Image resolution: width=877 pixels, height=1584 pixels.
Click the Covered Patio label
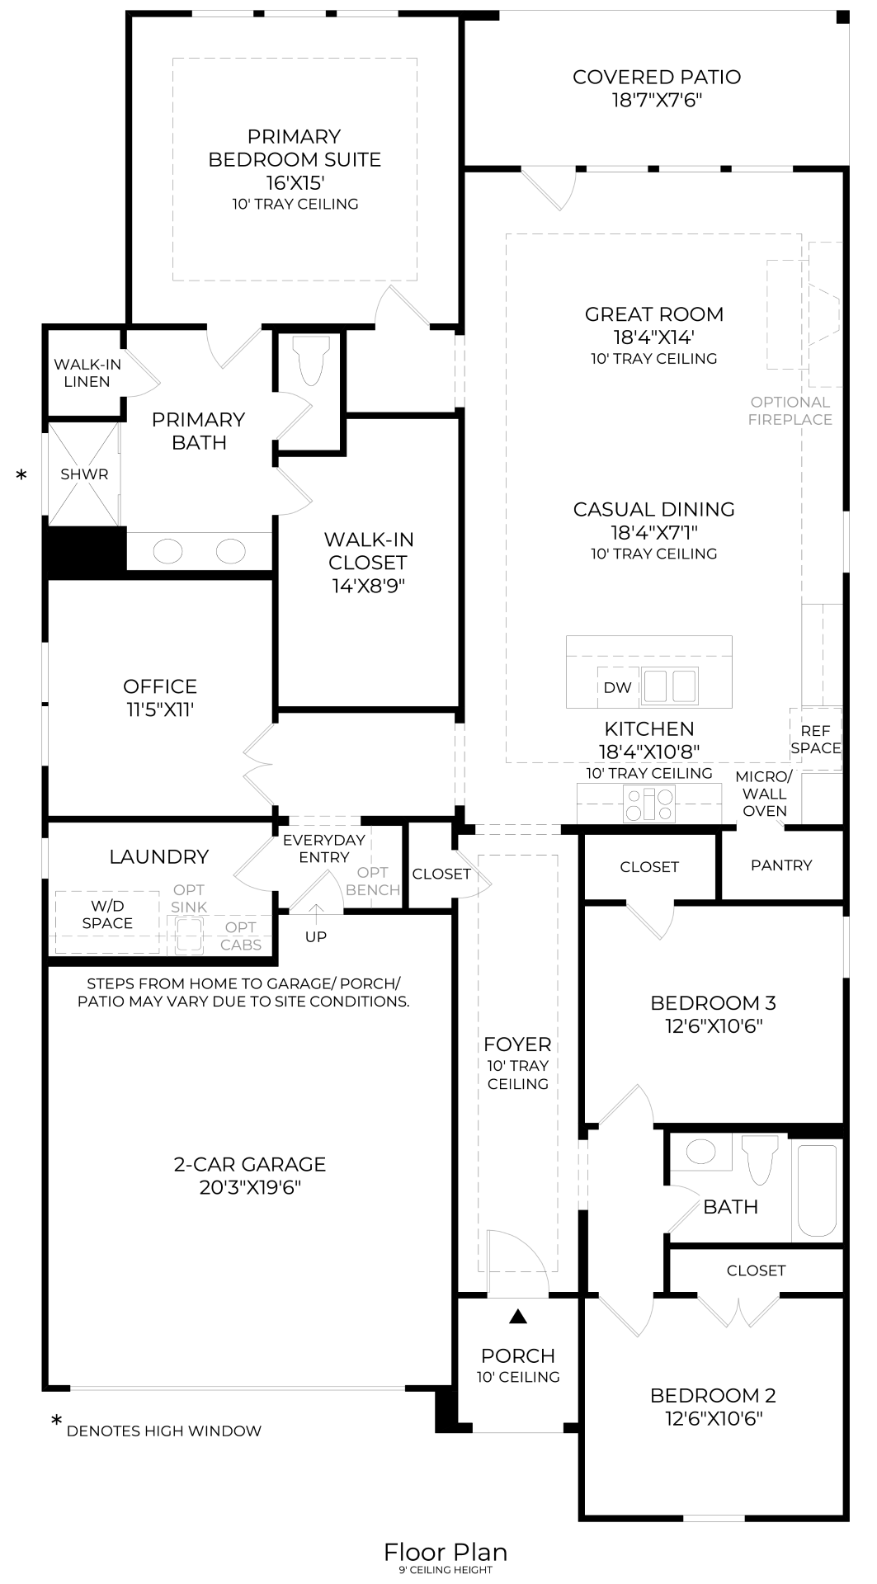point(656,78)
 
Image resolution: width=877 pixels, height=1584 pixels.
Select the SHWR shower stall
point(84,474)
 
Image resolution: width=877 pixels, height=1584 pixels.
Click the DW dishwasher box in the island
point(617,687)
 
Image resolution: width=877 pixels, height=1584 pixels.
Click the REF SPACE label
point(815,739)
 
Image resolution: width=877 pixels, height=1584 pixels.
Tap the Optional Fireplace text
point(790,411)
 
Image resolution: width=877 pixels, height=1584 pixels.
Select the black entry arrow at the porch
point(517,1317)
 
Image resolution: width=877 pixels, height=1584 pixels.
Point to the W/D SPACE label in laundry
point(107,915)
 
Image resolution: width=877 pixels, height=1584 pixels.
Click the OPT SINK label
point(189,898)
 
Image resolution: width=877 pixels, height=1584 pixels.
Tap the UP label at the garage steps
point(315,936)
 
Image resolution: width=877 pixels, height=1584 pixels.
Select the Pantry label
point(780,865)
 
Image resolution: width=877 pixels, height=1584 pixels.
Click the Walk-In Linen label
point(87,373)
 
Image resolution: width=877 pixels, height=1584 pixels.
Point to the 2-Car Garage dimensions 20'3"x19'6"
point(249,1187)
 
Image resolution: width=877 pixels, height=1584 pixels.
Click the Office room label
point(160,686)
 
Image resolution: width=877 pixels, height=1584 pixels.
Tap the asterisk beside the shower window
point(21,475)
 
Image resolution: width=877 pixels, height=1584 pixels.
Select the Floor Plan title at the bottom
point(445,1552)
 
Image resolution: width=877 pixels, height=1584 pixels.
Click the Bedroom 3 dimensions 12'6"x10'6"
point(713,1026)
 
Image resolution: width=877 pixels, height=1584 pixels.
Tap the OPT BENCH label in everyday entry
point(373,881)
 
